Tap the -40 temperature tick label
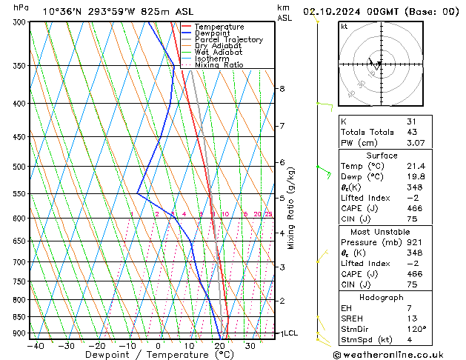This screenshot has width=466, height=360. pyautogui.click(x=34, y=345)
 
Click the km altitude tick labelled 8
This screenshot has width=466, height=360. pyautogui.click(x=282, y=89)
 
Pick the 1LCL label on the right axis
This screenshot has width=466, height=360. pyautogui.click(x=287, y=333)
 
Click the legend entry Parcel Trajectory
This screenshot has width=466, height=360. pyautogui.click(x=228, y=40)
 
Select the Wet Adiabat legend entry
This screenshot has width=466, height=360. pyautogui.click(x=218, y=52)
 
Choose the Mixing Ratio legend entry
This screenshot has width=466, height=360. pyautogui.click(x=219, y=65)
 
